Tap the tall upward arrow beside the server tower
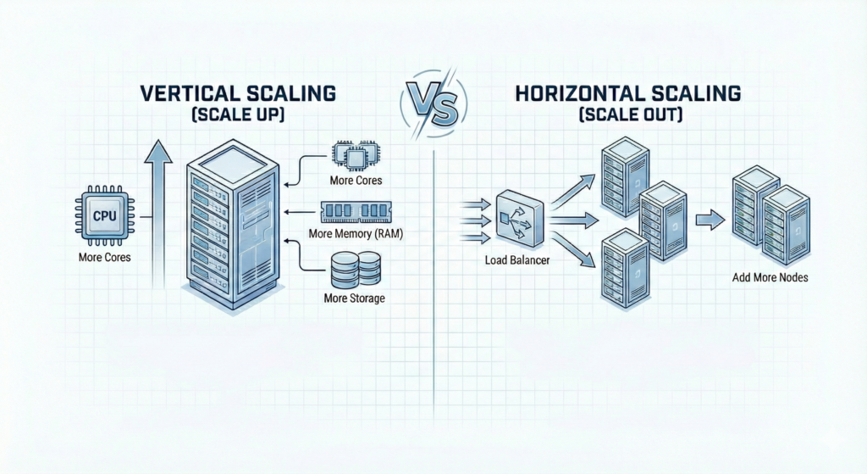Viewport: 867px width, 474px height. (x=157, y=212)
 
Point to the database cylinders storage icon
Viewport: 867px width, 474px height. (x=355, y=270)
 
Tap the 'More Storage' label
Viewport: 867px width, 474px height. (x=355, y=298)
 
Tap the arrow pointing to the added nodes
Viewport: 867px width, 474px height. (x=710, y=220)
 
